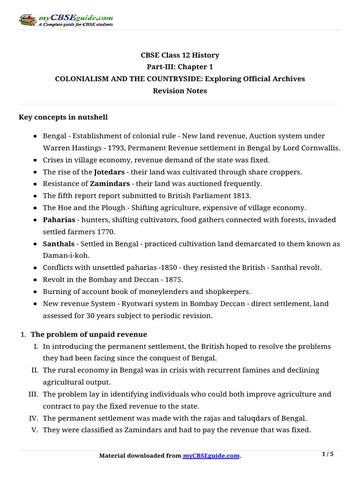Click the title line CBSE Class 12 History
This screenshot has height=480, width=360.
point(180,55)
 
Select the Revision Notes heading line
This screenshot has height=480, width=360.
point(180,90)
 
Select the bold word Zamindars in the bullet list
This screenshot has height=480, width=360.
point(110,183)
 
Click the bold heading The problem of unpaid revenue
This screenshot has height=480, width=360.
point(89,334)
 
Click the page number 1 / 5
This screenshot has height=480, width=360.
point(329,454)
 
